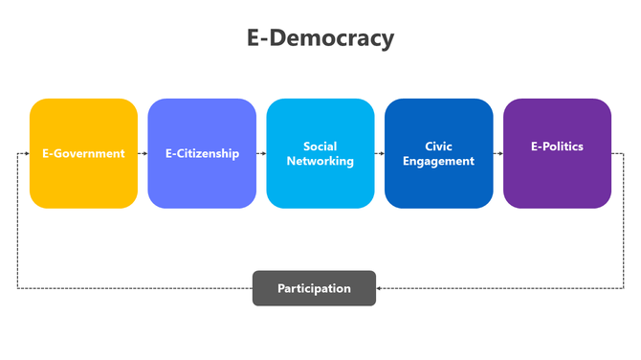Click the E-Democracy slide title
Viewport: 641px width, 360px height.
(320, 38)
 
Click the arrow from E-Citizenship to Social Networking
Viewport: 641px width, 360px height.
(261, 153)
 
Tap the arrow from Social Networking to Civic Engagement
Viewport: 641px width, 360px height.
(379, 153)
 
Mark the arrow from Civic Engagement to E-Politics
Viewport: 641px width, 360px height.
(497, 153)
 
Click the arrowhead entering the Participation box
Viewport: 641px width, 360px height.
(380, 288)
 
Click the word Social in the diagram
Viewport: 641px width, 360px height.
(320, 146)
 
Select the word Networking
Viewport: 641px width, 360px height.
(320, 161)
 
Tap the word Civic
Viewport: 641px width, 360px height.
(438, 146)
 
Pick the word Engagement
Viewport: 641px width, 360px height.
(438, 161)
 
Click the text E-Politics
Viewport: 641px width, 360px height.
(557, 146)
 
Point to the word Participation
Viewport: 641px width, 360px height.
(314, 288)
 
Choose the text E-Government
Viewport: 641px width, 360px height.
(83, 153)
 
